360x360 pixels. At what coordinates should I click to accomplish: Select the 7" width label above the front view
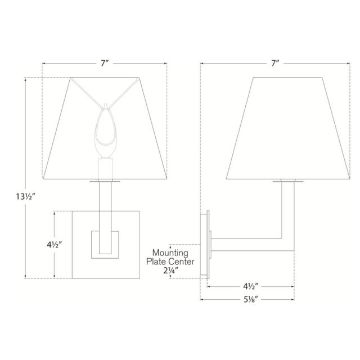105,64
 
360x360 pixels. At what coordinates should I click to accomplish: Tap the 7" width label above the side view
274,64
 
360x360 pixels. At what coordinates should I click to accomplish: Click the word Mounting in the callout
172,253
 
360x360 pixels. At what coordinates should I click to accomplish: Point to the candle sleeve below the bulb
105,169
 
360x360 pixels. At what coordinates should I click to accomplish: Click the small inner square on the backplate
105,244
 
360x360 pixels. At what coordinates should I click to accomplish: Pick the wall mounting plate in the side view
205,244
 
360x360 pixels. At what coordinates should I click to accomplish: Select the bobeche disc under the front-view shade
105,182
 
